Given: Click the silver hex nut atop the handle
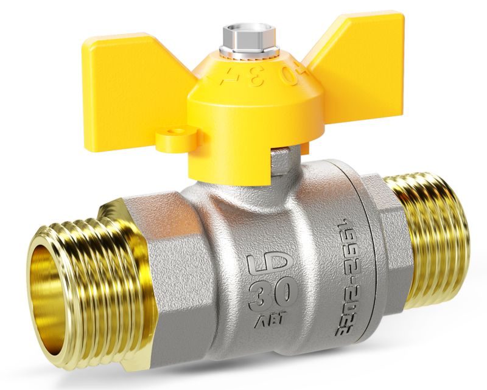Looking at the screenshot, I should tap(250, 35).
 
